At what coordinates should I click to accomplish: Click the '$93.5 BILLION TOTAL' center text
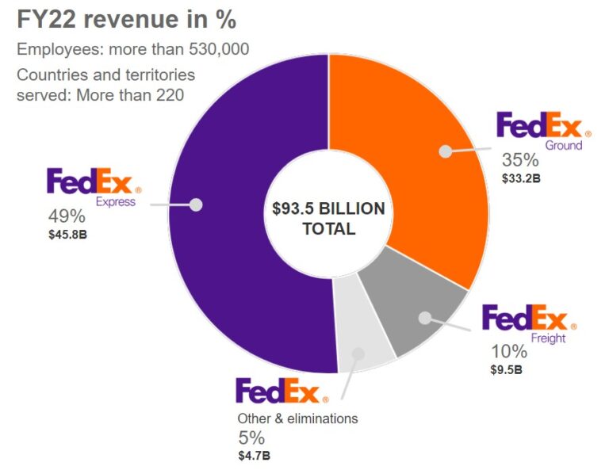(328, 219)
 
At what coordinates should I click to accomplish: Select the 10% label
(508, 352)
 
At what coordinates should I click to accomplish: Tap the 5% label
(251, 438)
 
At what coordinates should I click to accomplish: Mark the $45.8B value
(67, 235)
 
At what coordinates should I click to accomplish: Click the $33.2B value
(521, 178)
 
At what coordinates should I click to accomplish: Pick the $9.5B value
(507, 369)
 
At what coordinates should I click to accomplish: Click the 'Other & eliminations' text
(298, 418)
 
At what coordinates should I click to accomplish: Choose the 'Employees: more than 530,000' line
(133, 49)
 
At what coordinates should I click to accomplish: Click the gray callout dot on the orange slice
(446, 151)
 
